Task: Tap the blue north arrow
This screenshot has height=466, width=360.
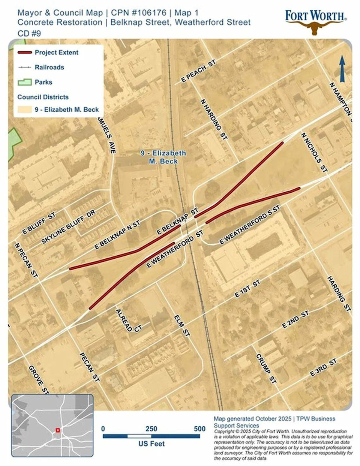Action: [342, 69]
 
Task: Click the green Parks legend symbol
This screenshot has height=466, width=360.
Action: [24, 82]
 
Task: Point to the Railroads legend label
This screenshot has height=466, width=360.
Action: [49, 67]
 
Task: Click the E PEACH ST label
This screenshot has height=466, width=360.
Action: [199, 71]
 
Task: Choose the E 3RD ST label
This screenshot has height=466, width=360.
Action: [323, 368]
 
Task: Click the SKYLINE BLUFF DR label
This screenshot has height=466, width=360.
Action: [68, 227]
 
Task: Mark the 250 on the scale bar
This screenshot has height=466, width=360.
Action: [151, 429]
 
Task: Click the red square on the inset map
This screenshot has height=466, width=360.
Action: [58, 430]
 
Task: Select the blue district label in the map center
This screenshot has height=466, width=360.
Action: [163, 157]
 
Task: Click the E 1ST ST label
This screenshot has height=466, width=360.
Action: [247, 289]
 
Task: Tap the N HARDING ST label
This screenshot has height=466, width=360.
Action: [214, 120]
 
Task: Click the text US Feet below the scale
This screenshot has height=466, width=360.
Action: [151, 444]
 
